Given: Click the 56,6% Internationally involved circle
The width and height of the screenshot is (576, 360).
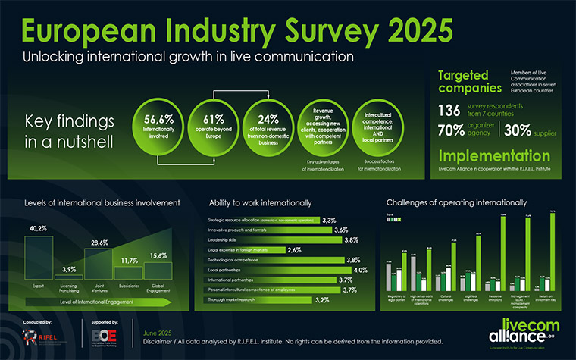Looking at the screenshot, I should click(158, 124).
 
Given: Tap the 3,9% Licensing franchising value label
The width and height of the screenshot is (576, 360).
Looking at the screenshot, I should click(69, 269).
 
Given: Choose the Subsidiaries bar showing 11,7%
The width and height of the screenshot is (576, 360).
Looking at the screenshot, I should click(128, 273).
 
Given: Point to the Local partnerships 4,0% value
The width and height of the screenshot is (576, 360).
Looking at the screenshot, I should click(339, 270).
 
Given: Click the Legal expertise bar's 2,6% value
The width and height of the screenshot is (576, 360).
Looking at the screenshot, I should click(295, 249).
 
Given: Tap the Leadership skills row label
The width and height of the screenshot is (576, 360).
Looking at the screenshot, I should click(225, 239).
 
